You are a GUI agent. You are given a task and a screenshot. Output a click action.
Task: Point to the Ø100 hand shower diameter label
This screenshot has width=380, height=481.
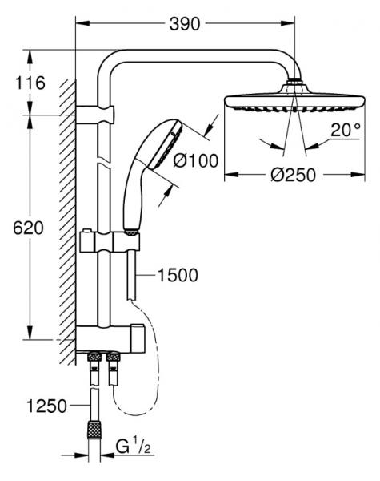pos(196,160)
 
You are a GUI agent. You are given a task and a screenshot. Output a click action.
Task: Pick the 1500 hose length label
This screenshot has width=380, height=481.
pos(176,276)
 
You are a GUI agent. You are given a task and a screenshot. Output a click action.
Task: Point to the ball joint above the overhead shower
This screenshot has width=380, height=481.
pos(295,83)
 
